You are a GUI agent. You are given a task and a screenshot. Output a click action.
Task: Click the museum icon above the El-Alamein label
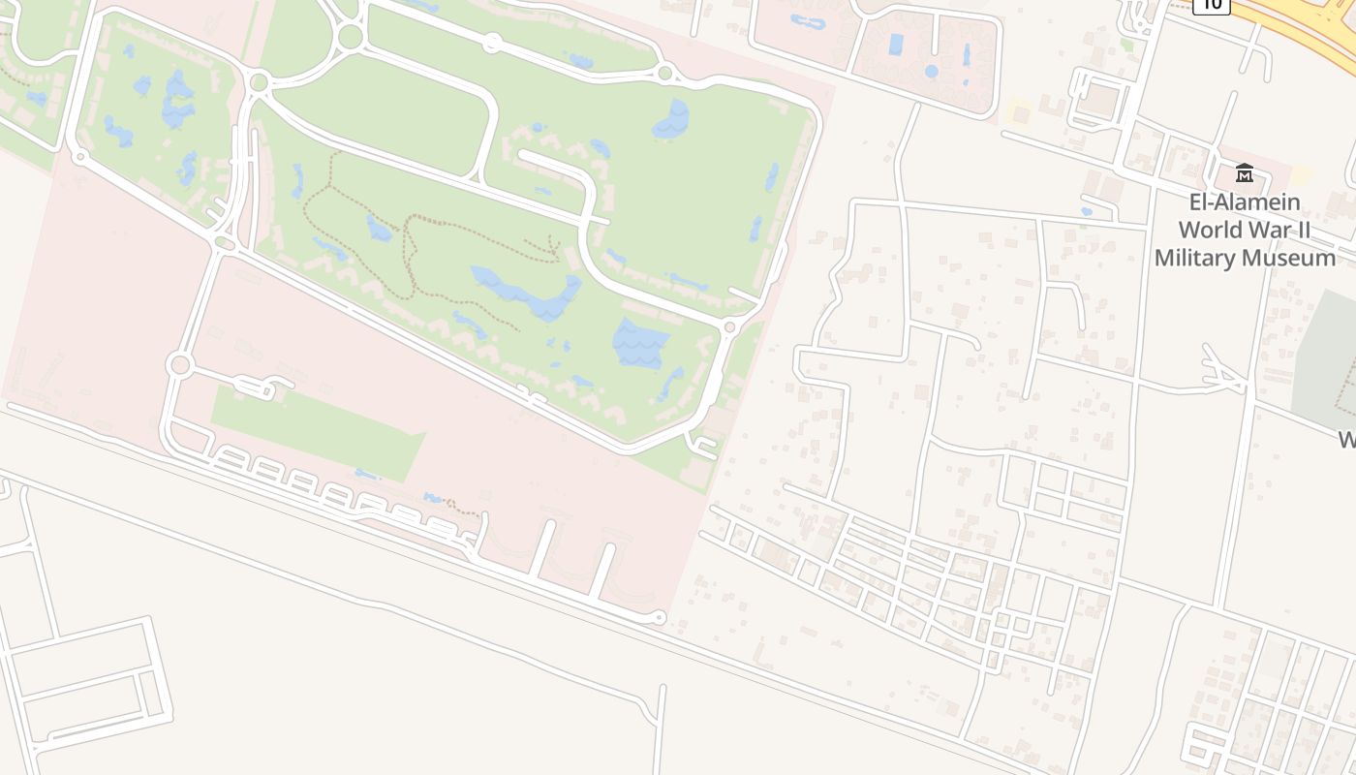click(x=1245, y=173)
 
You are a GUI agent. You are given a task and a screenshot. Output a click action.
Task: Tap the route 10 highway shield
click(x=1211, y=5)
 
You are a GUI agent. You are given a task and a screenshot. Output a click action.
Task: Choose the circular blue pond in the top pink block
click(x=931, y=71)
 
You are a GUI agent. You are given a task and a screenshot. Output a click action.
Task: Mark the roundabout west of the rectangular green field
click(x=178, y=365)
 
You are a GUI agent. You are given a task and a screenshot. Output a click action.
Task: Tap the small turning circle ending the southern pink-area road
click(x=660, y=617)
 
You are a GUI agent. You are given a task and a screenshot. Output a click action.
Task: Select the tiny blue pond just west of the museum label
click(x=1086, y=210)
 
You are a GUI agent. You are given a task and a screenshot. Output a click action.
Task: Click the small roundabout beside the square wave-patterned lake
click(x=729, y=328)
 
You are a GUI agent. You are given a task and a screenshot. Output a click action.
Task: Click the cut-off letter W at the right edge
click(x=1347, y=439)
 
